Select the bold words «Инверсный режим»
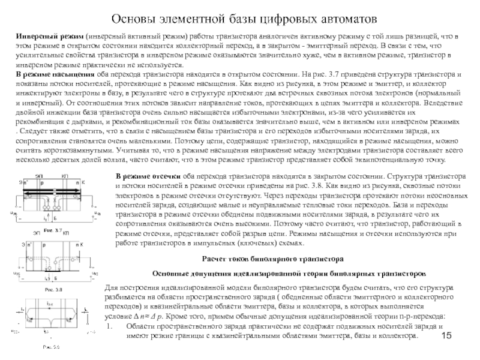click(49, 38)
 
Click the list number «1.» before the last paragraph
click(109, 325)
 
